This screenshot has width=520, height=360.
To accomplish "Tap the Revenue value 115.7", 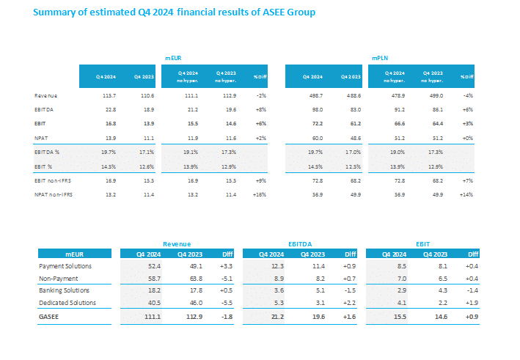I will click(106, 96).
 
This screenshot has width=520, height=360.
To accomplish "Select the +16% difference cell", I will click(258, 195).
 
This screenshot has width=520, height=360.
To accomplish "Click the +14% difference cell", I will click(466, 195).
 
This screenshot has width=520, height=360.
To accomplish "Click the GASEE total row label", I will click(49, 317).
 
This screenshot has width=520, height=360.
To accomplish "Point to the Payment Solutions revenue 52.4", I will click(153, 266).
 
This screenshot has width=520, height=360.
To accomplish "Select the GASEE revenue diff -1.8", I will click(225, 317).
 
